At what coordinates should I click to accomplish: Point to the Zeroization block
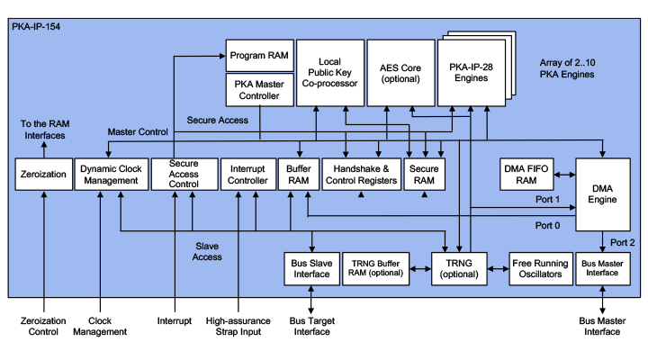[x=40, y=174]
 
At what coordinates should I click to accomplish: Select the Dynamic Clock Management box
[x=108, y=174]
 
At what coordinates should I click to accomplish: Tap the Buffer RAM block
[x=298, y=174]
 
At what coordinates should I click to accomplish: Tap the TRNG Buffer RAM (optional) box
[x=375, y=268]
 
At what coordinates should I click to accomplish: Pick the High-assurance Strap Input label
[x=238, y=326]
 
